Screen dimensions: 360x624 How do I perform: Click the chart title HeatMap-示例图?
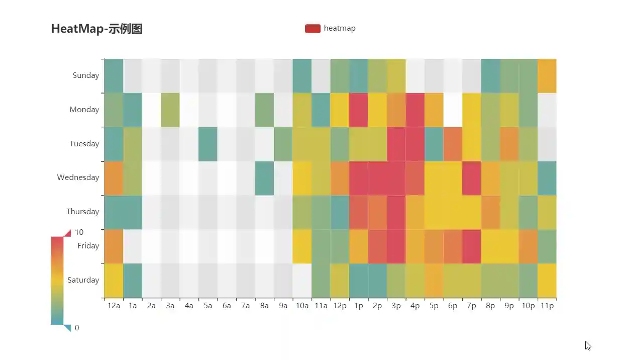(97, 29)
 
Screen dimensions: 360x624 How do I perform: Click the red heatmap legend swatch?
(313, 29)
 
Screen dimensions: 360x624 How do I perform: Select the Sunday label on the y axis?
(86, 75)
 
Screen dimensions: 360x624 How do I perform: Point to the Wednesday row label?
(78, 177)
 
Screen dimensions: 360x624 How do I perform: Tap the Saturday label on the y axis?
(83, 280)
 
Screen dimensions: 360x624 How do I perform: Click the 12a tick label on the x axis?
(114, 306)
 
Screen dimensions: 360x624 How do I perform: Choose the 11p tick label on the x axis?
(547, 306)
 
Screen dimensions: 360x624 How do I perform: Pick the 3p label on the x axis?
(396, 306)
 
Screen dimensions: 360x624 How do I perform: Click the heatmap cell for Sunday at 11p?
(547, 76)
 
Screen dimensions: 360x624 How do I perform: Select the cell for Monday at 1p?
(358, 110)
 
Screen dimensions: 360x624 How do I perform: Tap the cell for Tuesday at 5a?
(208, 144)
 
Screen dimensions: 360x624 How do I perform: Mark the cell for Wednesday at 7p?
(471, 178)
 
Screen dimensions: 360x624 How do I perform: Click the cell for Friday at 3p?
(396, 246)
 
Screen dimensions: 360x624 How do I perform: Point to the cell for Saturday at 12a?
(114, 281)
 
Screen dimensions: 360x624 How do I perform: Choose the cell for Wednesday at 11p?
(547, 178)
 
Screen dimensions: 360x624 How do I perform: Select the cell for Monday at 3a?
(170, 110)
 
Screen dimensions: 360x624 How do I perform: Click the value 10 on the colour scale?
(79, 232)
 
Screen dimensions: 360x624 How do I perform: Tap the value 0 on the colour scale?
(77, 328)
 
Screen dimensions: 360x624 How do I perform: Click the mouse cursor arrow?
(588, 345)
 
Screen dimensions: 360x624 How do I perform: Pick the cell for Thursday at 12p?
(340, 212)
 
